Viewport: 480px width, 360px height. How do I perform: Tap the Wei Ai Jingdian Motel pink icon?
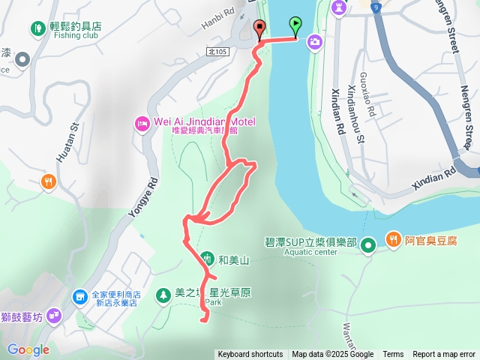coord(142,123)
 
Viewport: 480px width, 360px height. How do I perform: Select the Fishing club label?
coord(77,35)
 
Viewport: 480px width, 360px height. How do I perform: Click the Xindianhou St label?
coord(355,113)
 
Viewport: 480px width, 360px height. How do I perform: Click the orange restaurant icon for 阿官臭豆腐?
coord(394,239)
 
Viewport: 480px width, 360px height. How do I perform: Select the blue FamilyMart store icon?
coord(79,298)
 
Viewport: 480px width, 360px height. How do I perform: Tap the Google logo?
coord(28,349)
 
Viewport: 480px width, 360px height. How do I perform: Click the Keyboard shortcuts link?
coord(250,355)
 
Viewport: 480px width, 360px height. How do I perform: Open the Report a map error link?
coord(444,355)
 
